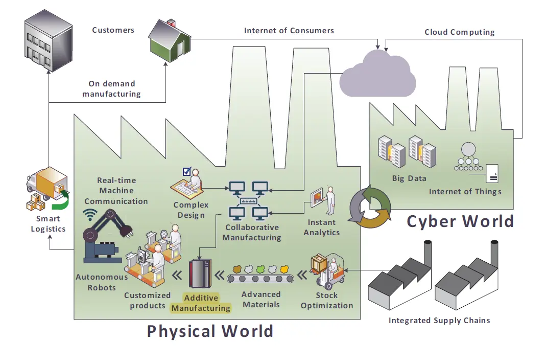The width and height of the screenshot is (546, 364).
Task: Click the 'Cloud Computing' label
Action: pos(459,32)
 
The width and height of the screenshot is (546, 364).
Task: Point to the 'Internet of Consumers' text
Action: pos(289,31)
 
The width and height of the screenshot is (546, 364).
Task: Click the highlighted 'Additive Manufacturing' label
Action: pos(201,303)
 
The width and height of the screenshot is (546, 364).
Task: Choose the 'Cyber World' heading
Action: pos(460,221)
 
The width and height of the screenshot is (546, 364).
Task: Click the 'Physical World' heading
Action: pos(210,331)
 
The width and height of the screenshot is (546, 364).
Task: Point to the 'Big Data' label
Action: pos(409,179)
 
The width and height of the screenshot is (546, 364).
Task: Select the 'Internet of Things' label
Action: pos(465,192)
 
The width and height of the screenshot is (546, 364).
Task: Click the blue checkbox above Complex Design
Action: pos(186,172)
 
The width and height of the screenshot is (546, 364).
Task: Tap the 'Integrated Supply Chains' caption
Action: pos(439,321)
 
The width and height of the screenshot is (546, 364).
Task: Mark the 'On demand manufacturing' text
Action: pos(111,89)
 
